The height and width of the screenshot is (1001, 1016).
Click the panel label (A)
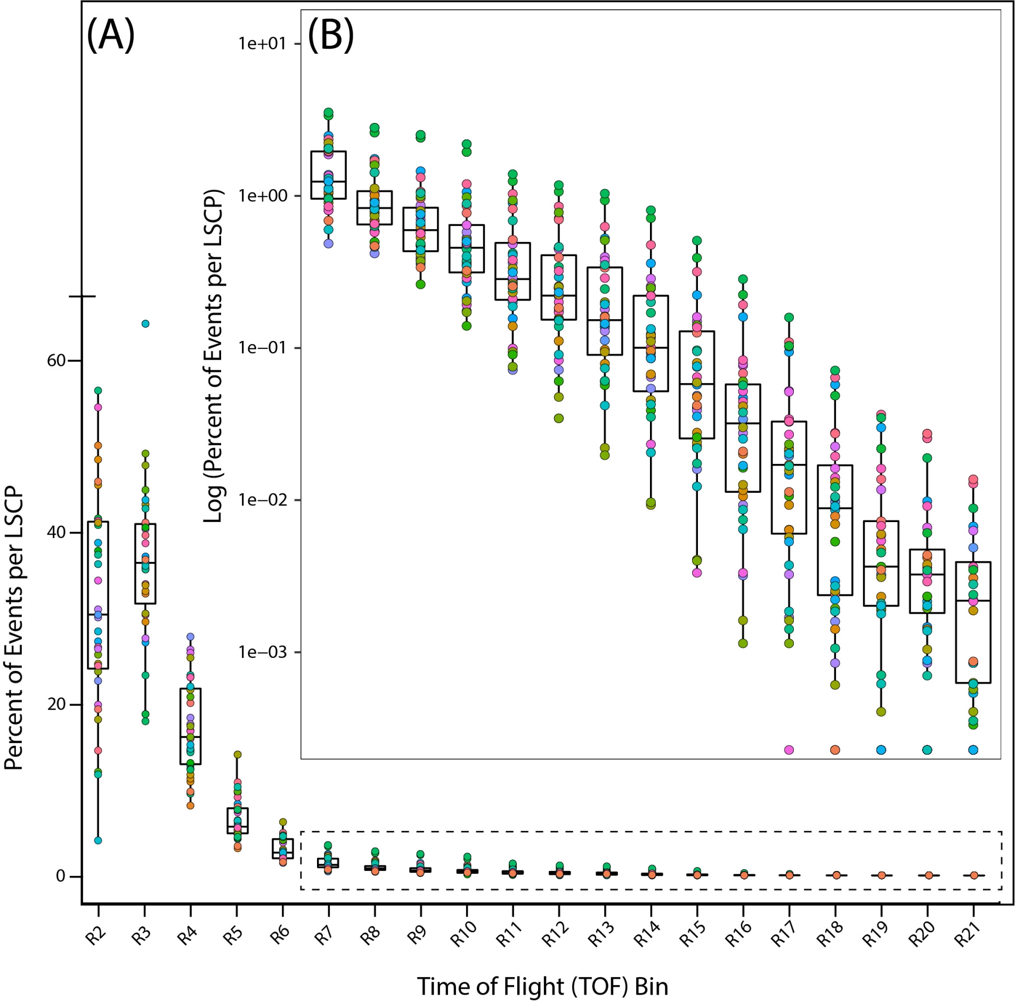[x=110, y=35]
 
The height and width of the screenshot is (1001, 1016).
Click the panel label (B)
[x=330, y=35]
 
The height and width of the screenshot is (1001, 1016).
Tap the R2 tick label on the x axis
[x=95, y=935]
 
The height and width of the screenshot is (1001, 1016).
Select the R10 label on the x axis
[x=463, y=937]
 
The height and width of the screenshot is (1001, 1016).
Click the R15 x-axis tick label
[x=693, y=937]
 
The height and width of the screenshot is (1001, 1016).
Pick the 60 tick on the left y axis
[x=56, y=361]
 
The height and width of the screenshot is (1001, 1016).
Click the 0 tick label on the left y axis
[x=61, y=876]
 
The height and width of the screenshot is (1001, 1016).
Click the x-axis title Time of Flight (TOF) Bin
[x=542, y=987]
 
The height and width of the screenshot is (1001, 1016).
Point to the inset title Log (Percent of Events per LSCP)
[x=214, y=355]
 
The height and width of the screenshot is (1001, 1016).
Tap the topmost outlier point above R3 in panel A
[x=145, y=323]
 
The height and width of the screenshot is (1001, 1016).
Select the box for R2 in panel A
[x=98, y=595]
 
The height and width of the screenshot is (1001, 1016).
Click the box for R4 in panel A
[x=190, y=726]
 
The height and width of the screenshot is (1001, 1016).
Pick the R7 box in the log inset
[x=328, y=175]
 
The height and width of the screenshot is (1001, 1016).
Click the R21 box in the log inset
[x=973, y=622]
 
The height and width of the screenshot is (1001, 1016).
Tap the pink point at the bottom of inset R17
[x=789, y=750]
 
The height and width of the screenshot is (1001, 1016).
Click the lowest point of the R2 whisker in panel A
[x=98, y=841]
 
